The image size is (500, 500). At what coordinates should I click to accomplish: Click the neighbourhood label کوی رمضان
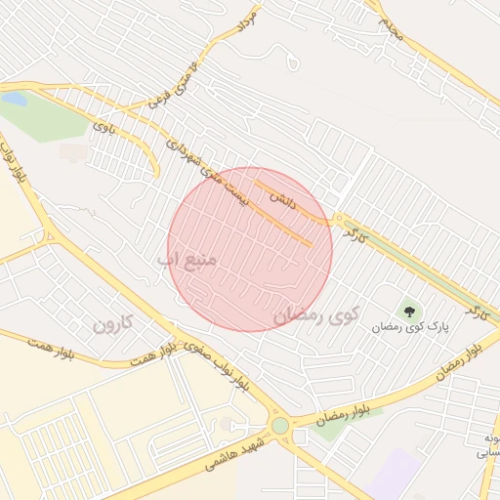(317, 314)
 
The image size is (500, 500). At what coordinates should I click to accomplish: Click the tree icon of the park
(408, 312)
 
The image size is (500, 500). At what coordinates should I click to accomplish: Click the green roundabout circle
(280, 426)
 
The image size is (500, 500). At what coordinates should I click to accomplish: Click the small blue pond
(14, 99)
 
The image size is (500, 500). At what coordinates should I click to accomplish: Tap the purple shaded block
(396, 473)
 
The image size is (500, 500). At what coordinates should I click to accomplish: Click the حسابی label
(485, 452)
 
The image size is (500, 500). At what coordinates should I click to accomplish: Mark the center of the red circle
(250, 249)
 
